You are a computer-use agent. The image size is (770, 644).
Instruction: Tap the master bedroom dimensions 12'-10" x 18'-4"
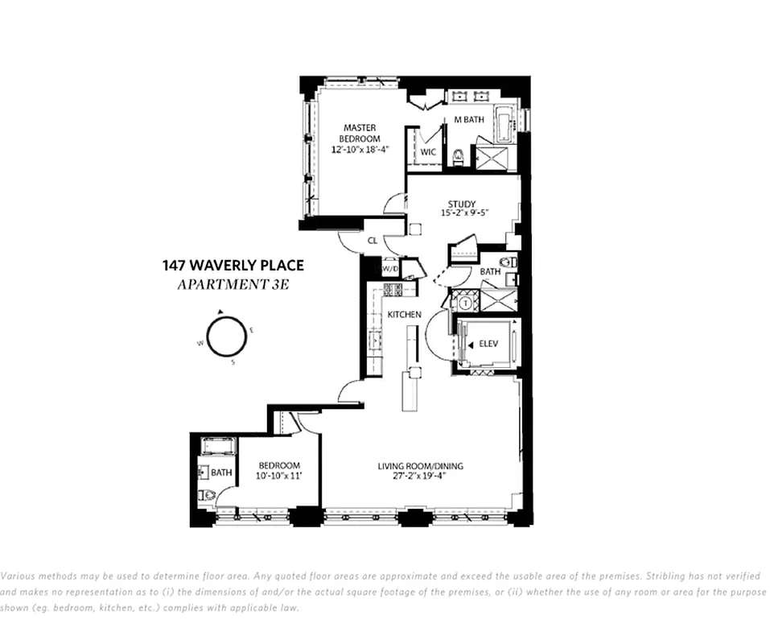pyautogui.click(x=361, y=150)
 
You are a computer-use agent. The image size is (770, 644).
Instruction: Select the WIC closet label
pyautogui.click(x=427, y=151)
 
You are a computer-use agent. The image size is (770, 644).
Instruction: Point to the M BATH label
pyautogui.click(x=469, y=120)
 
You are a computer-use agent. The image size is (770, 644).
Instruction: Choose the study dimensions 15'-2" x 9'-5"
pyautogui.click(x=464, y=213)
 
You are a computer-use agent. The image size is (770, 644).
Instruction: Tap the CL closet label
pyautogui.click(x=373, y=240)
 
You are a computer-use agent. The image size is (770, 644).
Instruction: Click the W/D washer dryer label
pyautogui.click(x=389, y=268)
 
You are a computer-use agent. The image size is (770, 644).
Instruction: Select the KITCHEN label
pyautogui.click(x=404, y=314)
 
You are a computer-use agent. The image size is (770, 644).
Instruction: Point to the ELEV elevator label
pyautogui.click(x=488, y=344)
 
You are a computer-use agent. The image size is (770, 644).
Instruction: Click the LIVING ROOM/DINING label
pyautogui.click(x=420, y=466)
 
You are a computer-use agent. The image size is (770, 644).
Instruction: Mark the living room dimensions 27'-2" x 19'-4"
pyautogui.click(x=420, y=476)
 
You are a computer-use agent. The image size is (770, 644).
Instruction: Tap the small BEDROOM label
pyautogui.click(x=278, y=465)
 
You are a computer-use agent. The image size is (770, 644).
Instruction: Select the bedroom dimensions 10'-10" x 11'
pyautogui.click(x=278, y=476)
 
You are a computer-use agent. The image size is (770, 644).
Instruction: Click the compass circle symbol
pyautogui.click(x=225, y=336)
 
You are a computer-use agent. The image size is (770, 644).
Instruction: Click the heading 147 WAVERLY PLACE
pyautogui.click(x=233, y=266)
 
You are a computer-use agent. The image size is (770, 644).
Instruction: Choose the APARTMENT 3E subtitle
pyautogui.click(x=233, y=283)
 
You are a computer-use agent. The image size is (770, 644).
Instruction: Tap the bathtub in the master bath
pyautogui.click(x=504, y=124)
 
